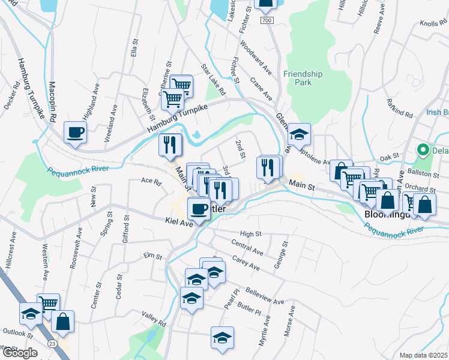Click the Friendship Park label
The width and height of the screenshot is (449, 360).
tap(304, 78)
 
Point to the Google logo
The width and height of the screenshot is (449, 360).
tap(19, 353)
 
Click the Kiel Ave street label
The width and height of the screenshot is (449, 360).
tap(178, 222)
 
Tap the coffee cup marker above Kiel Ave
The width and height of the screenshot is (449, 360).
tap(199, 208)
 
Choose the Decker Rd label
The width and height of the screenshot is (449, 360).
tap(12, 97)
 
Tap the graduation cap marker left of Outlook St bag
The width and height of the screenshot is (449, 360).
tap(31, 313)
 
